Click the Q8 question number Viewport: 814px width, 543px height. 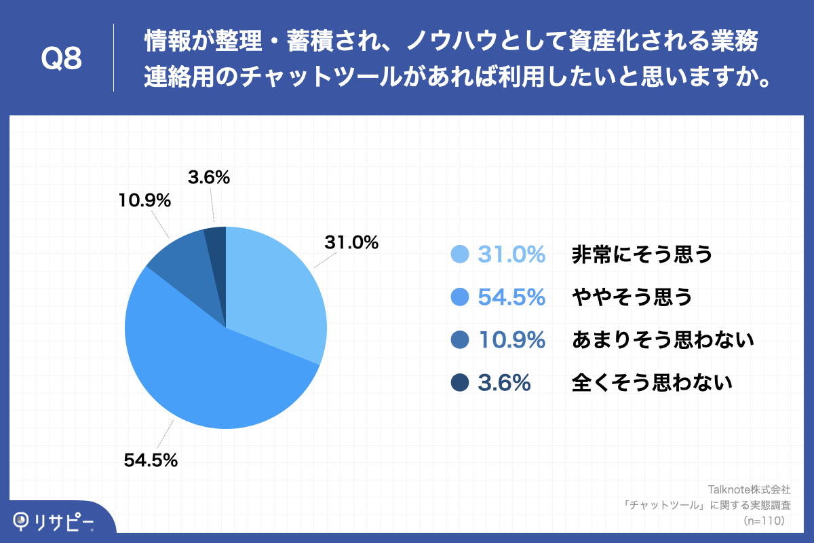[62, 60]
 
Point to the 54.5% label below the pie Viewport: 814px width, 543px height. [151, 460]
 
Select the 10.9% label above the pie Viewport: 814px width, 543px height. [143, 201]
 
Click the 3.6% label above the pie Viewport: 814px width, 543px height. [209, 178]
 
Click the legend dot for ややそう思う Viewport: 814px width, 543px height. [461, 297]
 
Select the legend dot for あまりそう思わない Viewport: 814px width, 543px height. [461, 340]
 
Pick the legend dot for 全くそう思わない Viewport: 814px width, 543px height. [461, 383]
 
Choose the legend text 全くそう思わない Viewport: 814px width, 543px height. [652, 383]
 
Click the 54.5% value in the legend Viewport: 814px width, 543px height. [511, 297]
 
